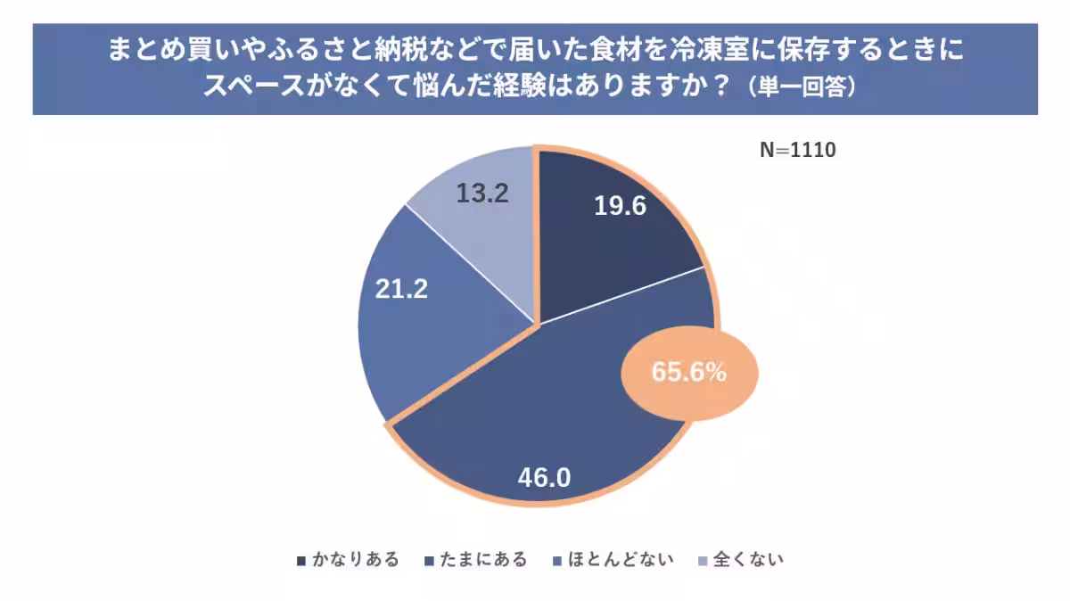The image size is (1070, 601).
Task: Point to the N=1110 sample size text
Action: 797,151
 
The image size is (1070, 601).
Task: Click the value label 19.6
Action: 620,206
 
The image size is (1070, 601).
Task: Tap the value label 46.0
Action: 544,477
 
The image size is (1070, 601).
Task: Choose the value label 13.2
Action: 482,193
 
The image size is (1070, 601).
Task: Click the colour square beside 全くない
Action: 703,561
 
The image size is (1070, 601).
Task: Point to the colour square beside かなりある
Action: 300,561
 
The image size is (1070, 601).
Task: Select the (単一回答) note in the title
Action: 802,87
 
